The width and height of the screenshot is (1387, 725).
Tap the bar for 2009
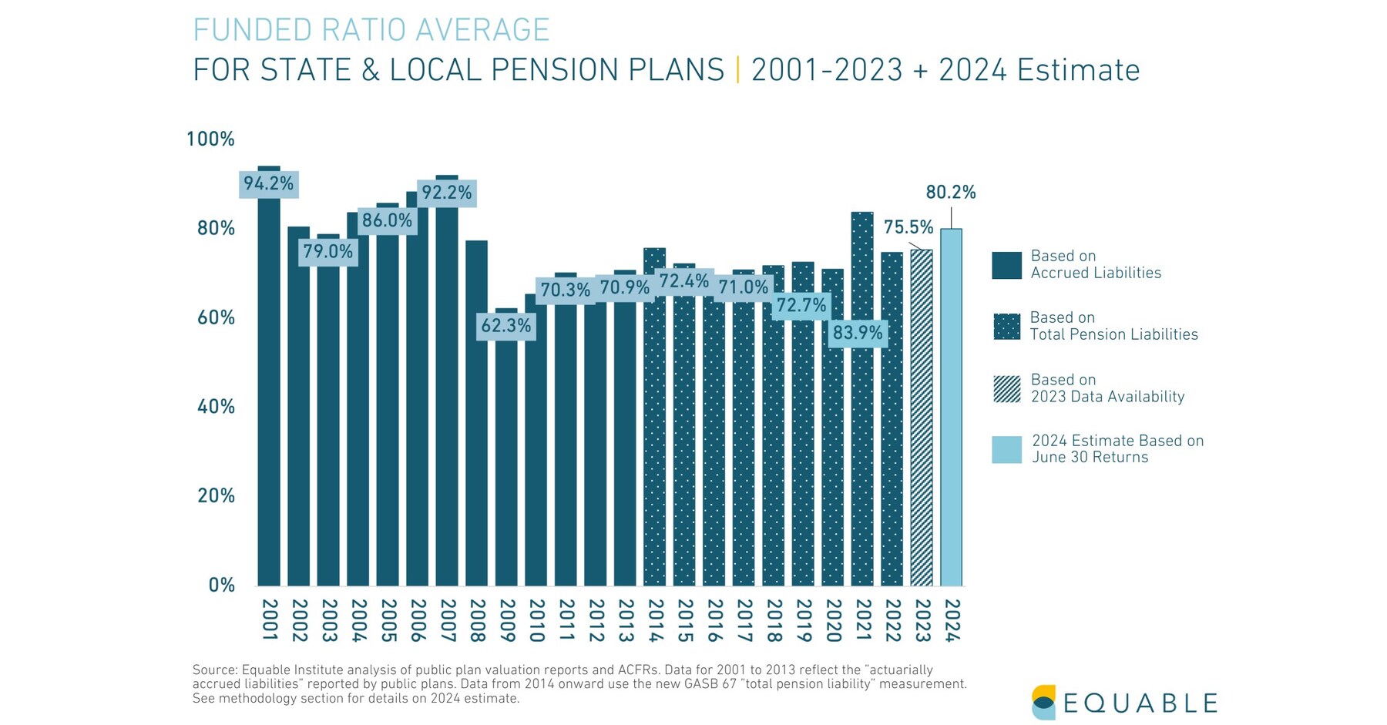click(506, 462)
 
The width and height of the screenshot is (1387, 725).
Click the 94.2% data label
click(268, 184)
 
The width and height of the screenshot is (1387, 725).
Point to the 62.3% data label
click(506, 326)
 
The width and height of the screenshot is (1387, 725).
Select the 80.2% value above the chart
click(951, 192)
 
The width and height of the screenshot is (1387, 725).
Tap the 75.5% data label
click(908, 227)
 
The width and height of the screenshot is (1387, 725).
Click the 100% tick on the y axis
click(210, 139)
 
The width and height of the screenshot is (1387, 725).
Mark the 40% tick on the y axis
click(216, 407)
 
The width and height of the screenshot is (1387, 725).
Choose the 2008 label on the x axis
click(477, 620)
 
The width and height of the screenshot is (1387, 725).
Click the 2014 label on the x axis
click(655, 620)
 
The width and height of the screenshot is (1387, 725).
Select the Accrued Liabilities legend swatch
click(1006, 265)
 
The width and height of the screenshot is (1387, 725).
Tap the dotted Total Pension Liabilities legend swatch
click(1006, 327)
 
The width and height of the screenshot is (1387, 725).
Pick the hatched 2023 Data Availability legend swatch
click(1006, 389)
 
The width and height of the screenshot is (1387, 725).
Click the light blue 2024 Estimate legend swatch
click(1006, 450)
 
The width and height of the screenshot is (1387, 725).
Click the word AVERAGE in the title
click(483, 31)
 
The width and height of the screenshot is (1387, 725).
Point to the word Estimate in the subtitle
click(1078, 70)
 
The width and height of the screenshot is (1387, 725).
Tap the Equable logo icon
click(1043, 702)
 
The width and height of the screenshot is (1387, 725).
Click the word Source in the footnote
click(214, 670)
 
